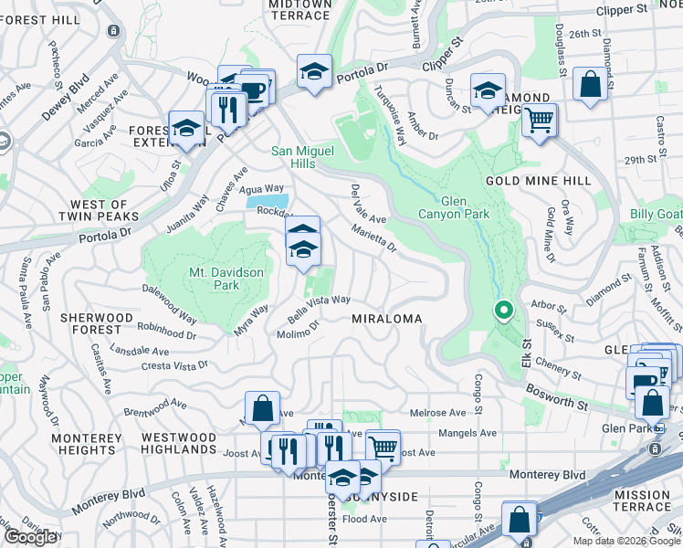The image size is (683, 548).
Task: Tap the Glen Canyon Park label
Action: coord(465,207)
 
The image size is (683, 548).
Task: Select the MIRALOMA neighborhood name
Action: coord(387,319)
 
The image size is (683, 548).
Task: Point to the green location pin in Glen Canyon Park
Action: coord(502,311)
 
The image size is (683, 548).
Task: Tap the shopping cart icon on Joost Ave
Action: coord(383,447)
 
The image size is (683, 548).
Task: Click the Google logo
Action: coord(30,537)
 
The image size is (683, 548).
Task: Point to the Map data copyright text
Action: coord(626,541)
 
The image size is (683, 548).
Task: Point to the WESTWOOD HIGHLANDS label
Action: coord(179,443)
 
